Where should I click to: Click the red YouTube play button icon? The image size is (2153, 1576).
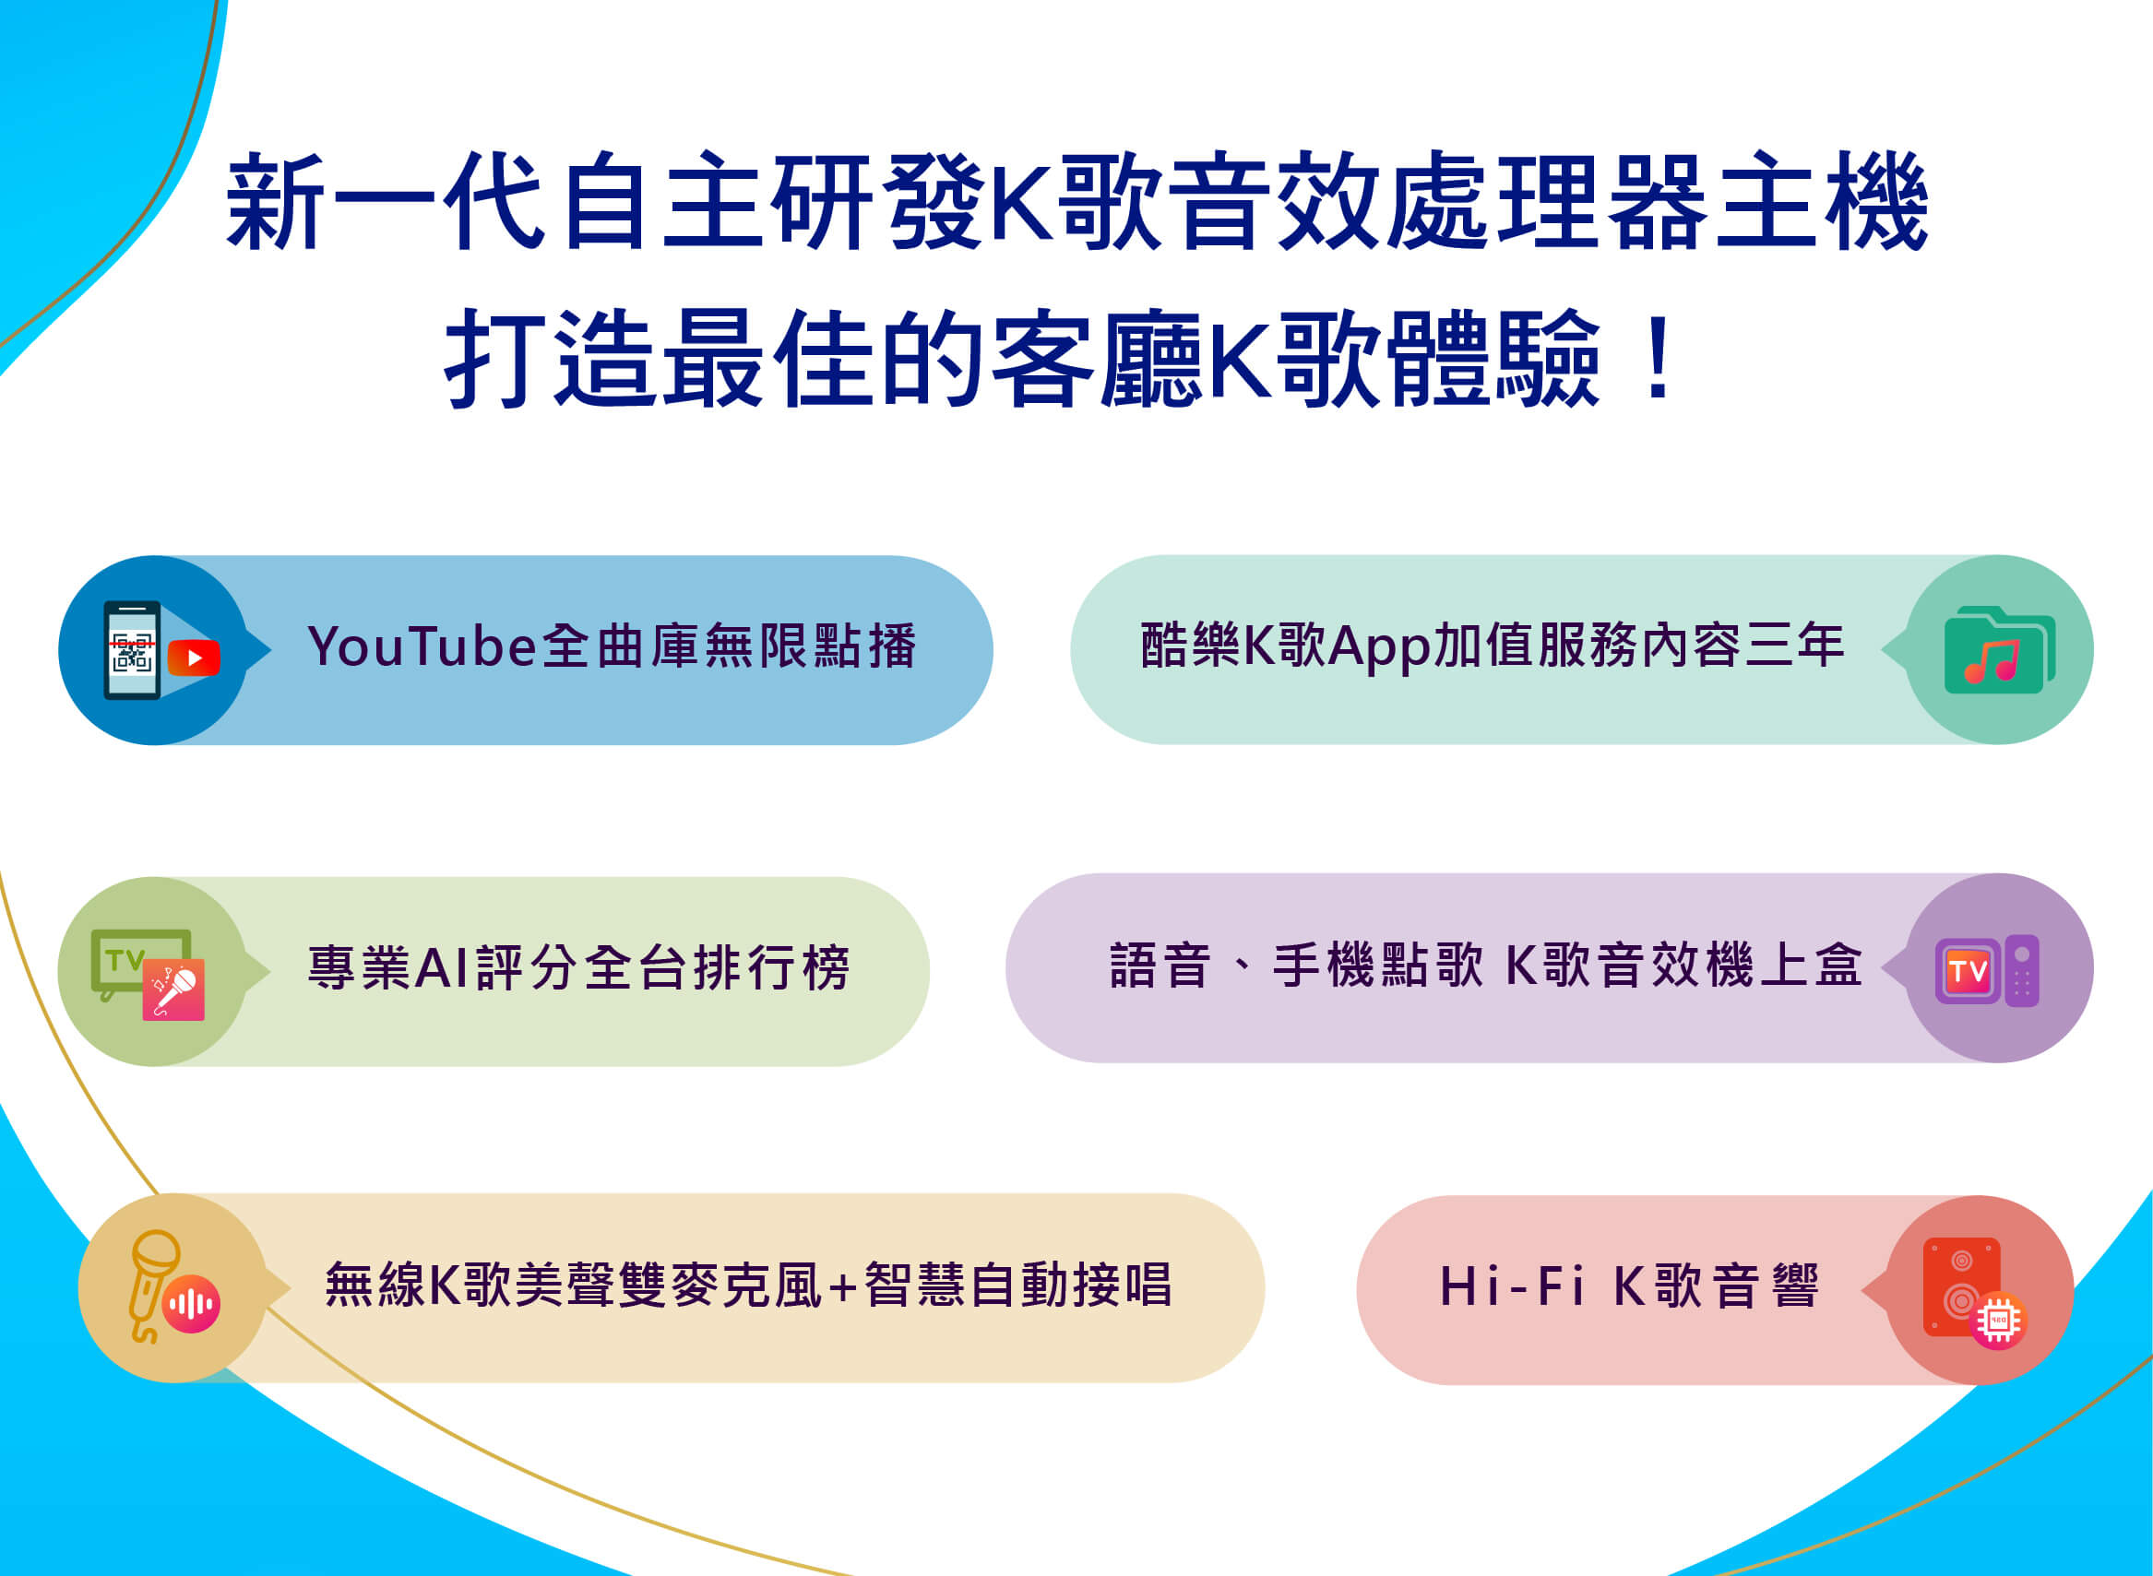coord(194,658)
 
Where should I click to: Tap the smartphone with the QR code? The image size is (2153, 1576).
coord(132,649)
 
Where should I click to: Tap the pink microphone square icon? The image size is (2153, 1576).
coord(173,989)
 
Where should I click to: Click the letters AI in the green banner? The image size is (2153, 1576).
coord(440,967)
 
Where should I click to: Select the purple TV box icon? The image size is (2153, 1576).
coord(1968,971)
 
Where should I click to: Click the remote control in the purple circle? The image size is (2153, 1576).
coord(2021,970)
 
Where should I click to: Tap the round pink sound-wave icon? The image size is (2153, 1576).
coord(191,1304)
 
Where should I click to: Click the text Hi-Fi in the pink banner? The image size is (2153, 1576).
coord(1513,1286)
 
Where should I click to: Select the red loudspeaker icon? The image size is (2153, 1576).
coord(1960,1286)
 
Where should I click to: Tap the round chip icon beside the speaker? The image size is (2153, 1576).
coord(1998,1321)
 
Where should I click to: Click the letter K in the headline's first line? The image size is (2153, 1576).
coord(1021,202)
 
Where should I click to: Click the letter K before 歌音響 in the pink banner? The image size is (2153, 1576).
coord(1630,1286)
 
